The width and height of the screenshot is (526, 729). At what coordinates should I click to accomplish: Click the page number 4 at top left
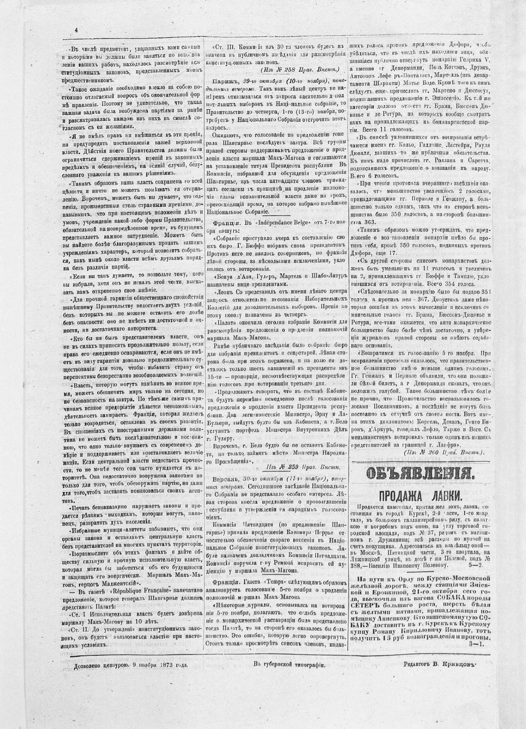pos(76,30)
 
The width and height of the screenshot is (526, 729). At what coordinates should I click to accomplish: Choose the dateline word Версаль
pos(225,479)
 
